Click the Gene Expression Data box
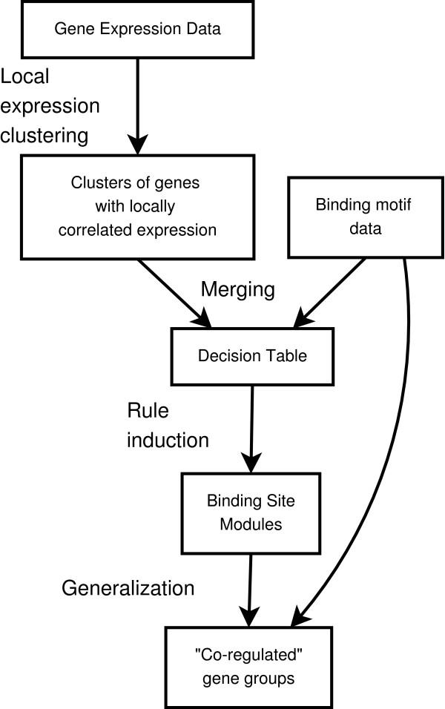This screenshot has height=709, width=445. [x=139, y=30]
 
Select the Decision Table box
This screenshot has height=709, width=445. [x=252, y=356]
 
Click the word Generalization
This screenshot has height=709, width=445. [x=128, y=588]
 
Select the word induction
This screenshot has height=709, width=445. [x=168, y=440]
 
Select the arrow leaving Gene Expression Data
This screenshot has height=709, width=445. [x=138, y=104]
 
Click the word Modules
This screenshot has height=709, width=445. [x=250, y=523]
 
